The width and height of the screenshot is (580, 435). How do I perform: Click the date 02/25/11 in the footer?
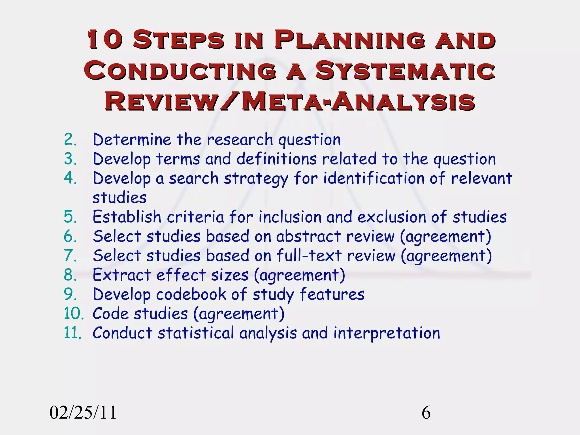pyautogui.click(x=83, y=413)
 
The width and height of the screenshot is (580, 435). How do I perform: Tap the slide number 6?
pyautogui.click(x=426, y=413)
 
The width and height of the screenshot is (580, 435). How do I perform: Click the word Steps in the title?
pyautogui.click(x=178, y=40)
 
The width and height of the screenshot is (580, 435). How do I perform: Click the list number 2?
pyautogui.click(x=70, y=139)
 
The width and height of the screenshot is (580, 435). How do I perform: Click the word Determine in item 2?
pyautogui.click(x=132, y=139)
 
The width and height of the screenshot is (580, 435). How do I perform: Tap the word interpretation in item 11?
pyautogui.click(x=387, y=333)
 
